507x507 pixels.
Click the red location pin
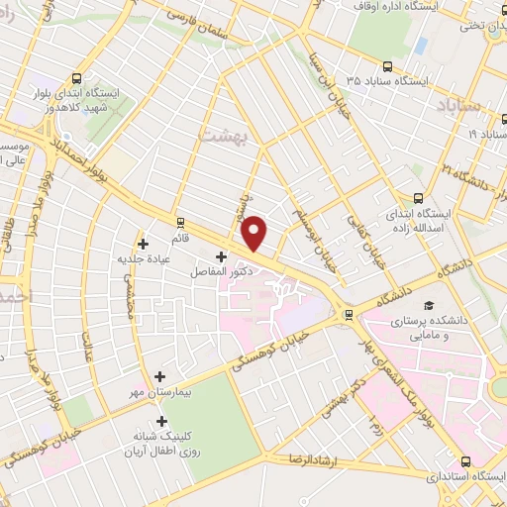pos(255,232)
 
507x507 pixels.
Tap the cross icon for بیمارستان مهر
pos(160,376)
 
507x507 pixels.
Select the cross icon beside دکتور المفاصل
pos(220,255)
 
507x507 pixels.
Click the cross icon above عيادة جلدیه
pos(145,242)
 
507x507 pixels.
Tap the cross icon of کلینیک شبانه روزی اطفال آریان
pos(162,420)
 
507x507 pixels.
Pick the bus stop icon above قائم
pos(179,223)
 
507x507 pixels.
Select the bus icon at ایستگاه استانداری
pos(465,460)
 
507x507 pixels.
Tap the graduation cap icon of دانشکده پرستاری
pos(429,305)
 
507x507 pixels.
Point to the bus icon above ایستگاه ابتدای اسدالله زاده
pos(417,197)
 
